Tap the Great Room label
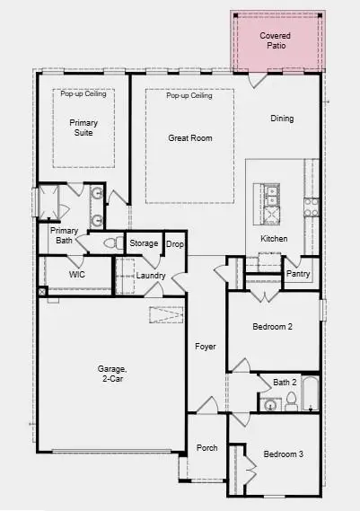189,137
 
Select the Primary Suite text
84,127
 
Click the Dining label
282,119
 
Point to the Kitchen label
274,239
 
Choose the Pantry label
297,274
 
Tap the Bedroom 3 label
282,454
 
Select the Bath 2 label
285,383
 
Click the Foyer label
206,346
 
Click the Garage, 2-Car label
112,374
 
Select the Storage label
144,243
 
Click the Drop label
174,243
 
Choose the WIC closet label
77,274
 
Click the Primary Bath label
66,235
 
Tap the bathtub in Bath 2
310,393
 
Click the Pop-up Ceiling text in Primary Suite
83,93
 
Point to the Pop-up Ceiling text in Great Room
189,96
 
